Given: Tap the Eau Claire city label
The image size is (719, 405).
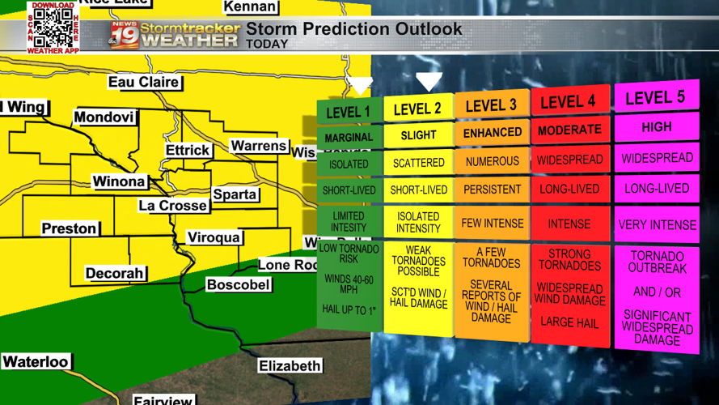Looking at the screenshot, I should (x=143, y=82).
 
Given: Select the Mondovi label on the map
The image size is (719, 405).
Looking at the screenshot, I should (x=104, y=117).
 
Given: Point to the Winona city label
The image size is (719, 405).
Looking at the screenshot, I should (x=119, y=181).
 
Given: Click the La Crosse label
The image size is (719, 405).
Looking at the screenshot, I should (x=172, y=206).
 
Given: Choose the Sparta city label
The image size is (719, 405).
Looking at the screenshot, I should (x=235, y=194).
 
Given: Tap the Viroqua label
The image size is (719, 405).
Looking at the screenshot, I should (x=214, y=237).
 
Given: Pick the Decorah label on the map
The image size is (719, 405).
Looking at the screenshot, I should (x=114, y=274).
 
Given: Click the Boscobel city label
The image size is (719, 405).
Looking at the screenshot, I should (x=238, y=285).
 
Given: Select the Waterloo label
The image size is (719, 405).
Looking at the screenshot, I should (x=36, y=362).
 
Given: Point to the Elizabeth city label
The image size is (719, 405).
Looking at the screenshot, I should (x=290, y=366).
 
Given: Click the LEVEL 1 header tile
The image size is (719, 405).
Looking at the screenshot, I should (x=349, y=112).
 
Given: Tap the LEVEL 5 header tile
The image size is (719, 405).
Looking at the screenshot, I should (x=655, y=98).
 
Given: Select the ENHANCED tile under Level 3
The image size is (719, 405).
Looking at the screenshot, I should (x=492, y=132).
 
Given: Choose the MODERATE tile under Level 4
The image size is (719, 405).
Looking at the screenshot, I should (x=569, y=130).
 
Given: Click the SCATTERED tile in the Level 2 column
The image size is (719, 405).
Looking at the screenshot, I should (x=418, y=163).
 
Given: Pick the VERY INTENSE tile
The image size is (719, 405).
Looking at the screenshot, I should (x=657, y=225).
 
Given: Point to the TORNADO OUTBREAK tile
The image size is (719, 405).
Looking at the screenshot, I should (x=658, y=262).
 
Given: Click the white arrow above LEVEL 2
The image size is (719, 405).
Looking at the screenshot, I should (x=429, y=81).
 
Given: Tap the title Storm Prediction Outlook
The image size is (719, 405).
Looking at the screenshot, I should (x=354, y=30).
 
